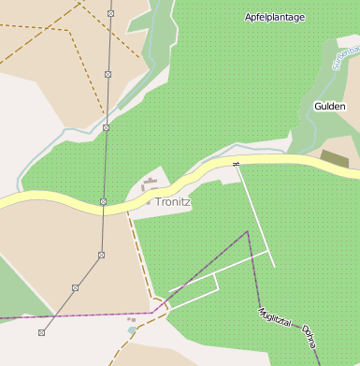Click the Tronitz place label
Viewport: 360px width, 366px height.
(173, 201)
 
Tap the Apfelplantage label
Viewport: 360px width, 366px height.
(274, 18)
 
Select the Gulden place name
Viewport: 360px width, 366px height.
(330, 107)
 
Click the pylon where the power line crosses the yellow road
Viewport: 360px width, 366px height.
(103, 201)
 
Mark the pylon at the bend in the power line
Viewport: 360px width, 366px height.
(100, 255)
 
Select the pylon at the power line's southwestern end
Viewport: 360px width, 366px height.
(41, 332)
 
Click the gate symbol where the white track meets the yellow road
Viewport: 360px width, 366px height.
(237, 165)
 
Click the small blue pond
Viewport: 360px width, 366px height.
(132, 329)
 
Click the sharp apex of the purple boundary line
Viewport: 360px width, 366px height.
(247, 231)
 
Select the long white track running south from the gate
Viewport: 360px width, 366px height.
(256, 216)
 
